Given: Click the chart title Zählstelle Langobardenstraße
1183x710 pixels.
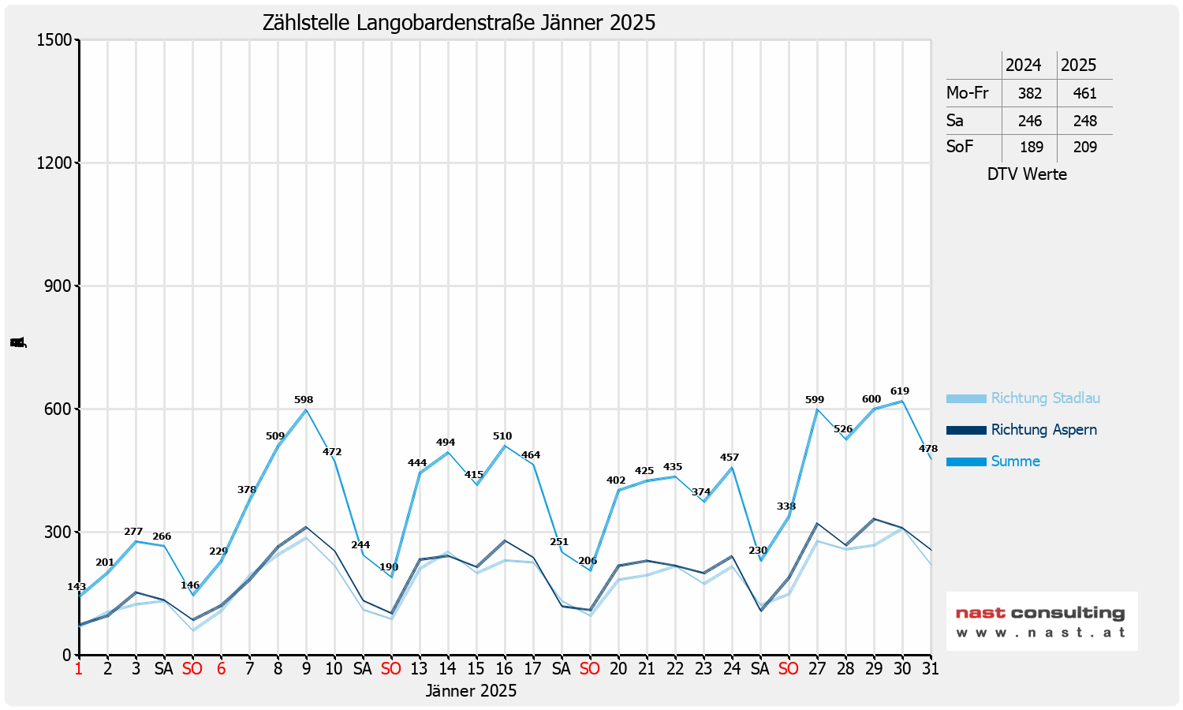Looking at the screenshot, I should (459, 22).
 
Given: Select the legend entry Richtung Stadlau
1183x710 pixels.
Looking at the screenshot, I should (1045, 398).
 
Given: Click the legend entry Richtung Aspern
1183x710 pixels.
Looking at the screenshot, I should (1043, 430).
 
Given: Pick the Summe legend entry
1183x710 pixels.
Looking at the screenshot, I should (1015, 461).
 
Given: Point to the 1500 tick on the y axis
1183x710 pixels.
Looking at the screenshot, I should (54, 40).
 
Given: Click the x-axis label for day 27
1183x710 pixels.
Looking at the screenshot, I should (816, 669).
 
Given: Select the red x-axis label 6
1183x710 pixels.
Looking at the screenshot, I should (221, 669).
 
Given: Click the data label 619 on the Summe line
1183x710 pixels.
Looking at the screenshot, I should (899, 391).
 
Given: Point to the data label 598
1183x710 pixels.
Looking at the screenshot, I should (304, 400).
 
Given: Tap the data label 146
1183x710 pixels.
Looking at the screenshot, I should (190, 585).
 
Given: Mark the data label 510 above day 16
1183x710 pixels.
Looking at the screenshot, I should (502, 436).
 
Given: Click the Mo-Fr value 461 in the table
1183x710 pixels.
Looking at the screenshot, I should (1084, 93).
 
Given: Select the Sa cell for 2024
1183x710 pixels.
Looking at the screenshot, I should (1029, 121).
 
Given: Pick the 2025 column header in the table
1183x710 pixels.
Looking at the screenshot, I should (1078, 65).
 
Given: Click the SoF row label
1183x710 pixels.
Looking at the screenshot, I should (960, 147).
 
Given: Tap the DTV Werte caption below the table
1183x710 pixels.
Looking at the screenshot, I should (1027, 174).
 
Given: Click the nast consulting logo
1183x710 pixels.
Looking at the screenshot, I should (1041, 621).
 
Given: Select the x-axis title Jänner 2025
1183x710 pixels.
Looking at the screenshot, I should (471, 691).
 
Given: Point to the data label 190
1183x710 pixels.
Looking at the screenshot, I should (389, 567).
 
